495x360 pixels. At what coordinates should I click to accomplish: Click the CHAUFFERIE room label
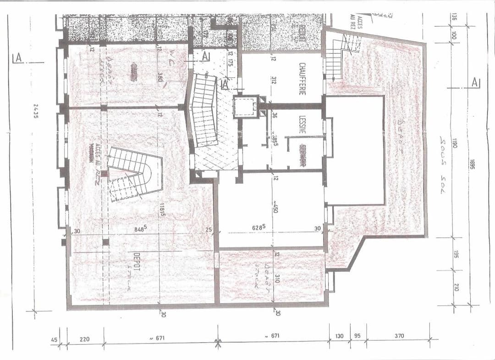(x=302, y=79)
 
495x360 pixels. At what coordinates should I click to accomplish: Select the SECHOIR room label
(x=302, y=155)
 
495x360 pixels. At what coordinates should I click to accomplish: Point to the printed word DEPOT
(x=136, y=263)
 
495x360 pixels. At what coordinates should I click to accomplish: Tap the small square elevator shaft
(x=246, y=107)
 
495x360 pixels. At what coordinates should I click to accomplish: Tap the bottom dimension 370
(x=399, y=336)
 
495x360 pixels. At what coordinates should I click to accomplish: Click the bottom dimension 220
(x=84, y=339)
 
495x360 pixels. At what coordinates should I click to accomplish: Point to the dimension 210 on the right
(x=456, y=287)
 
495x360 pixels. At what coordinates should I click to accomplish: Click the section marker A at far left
(x=18, y=58)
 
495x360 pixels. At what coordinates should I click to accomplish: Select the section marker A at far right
(x=475, y=83)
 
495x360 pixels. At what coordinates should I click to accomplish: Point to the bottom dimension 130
(x=339, y=336)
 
